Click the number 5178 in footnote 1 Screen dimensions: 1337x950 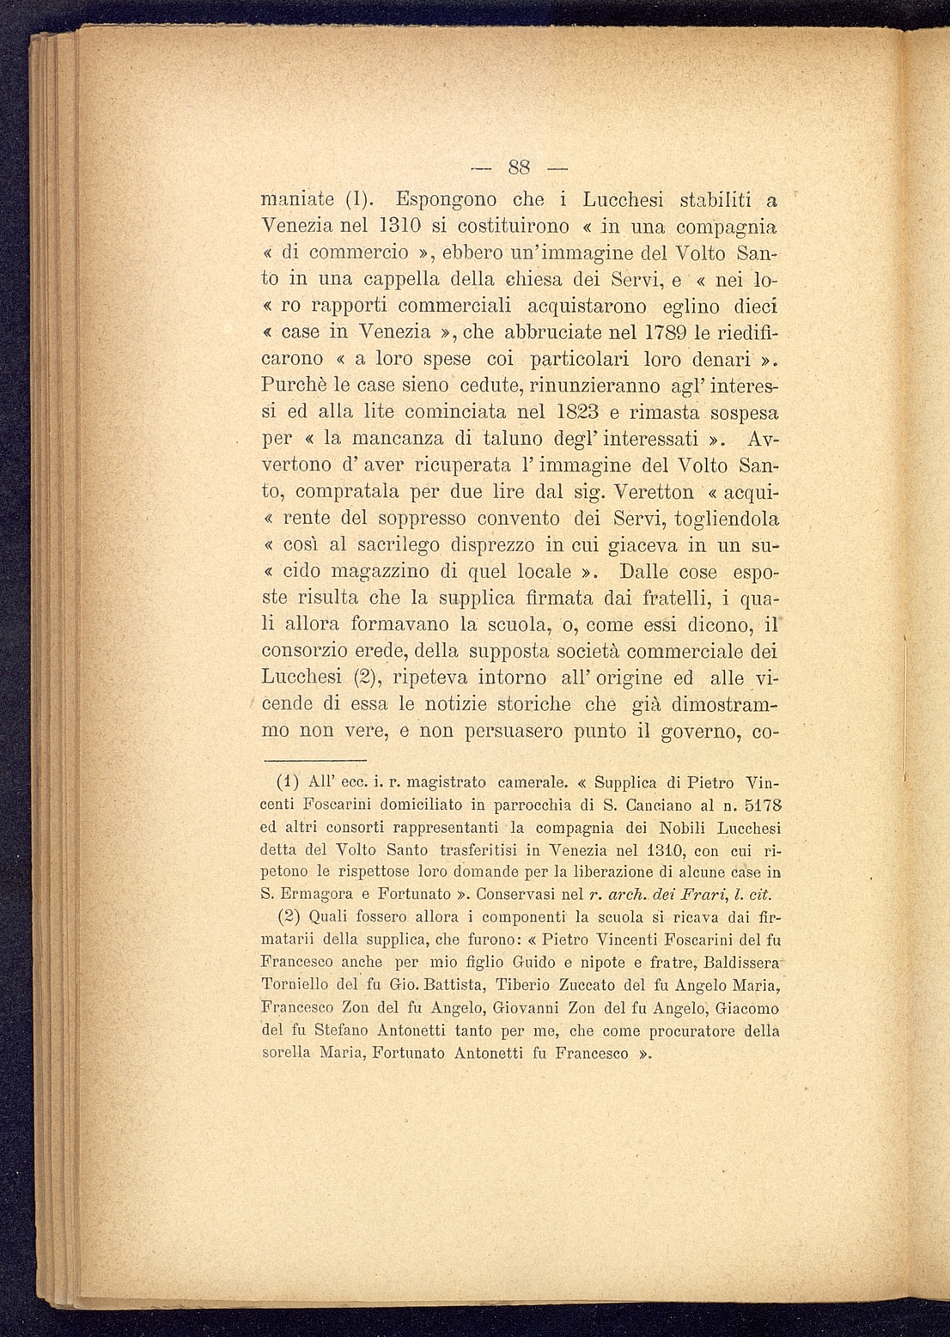point(762,805)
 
